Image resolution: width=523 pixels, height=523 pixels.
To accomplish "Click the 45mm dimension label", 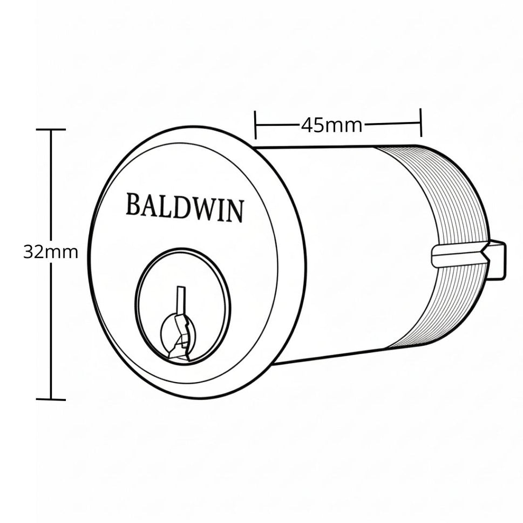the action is point(331,126).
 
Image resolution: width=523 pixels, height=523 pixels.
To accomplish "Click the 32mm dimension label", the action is point(51,253).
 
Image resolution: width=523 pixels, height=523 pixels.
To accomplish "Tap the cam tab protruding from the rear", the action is point(497,259).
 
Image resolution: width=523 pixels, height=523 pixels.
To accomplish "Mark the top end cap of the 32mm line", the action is point(51,129).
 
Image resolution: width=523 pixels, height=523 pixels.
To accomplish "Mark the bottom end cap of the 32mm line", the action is point(51,399).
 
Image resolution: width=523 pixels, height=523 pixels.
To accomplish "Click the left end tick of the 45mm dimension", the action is point(255,125).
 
